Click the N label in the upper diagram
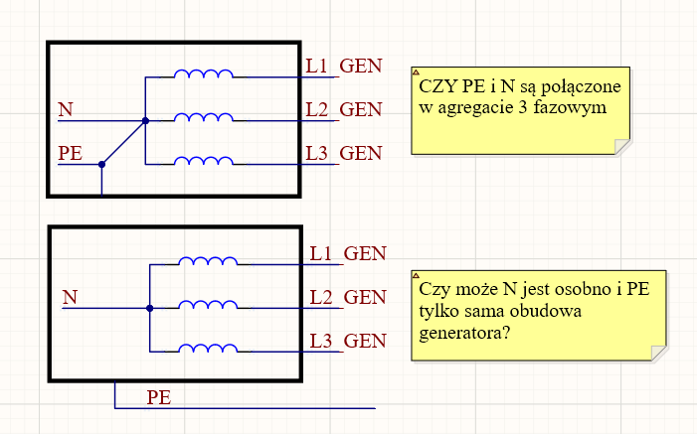pos(65,109)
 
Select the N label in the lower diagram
pos(70,296)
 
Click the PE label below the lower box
pos(158,397)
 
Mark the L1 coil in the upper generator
pos(204,73)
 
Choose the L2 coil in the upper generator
pos(204,117)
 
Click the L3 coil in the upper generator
pos(204,160)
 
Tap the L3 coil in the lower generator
pos(208,348)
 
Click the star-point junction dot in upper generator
pos(145,121)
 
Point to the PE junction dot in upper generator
pos(101,165)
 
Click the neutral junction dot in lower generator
pos(149,308)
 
